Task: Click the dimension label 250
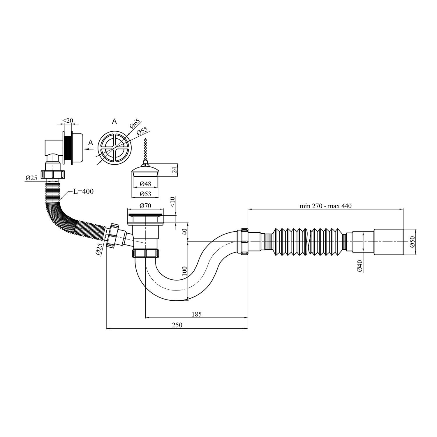click(177, 325)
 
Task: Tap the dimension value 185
click(197, 314)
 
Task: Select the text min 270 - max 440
click(326, 206)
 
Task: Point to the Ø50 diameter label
click(412, 242)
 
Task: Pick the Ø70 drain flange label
click(145, 206)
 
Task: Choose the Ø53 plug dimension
click(145, 193)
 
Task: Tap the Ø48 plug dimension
click(145, 184)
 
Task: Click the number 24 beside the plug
click(174, 170)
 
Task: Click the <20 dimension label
click(68, 121)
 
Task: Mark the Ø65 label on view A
click(135, 124)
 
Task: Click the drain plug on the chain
click(145, 172)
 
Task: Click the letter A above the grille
click(114, 121)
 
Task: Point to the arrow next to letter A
click(89, 149)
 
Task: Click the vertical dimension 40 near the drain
click(184, 232)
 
